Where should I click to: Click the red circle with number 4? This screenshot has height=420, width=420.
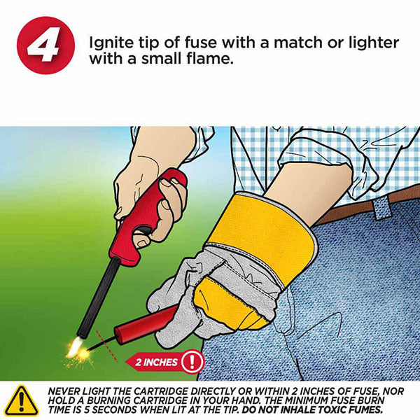pyautogui.click(x=45, y=45)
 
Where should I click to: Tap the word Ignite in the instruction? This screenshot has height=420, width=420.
pyautogui.click(x=111, y=43)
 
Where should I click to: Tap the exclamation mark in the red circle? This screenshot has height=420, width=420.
pyautogui.click(x=192, y=362)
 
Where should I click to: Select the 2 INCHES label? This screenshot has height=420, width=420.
pyautogui.click(x=156, y=363)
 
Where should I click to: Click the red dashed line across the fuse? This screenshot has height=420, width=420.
pyautogui.click(x=106, y=346)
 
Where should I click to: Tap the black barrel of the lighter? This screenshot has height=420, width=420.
pyautogui.click(x=98, y=297)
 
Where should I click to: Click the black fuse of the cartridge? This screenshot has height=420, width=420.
pyautogui.click(x=102, y=344)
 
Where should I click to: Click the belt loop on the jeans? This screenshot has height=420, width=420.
pyautogui.click(x=382, y=208)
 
